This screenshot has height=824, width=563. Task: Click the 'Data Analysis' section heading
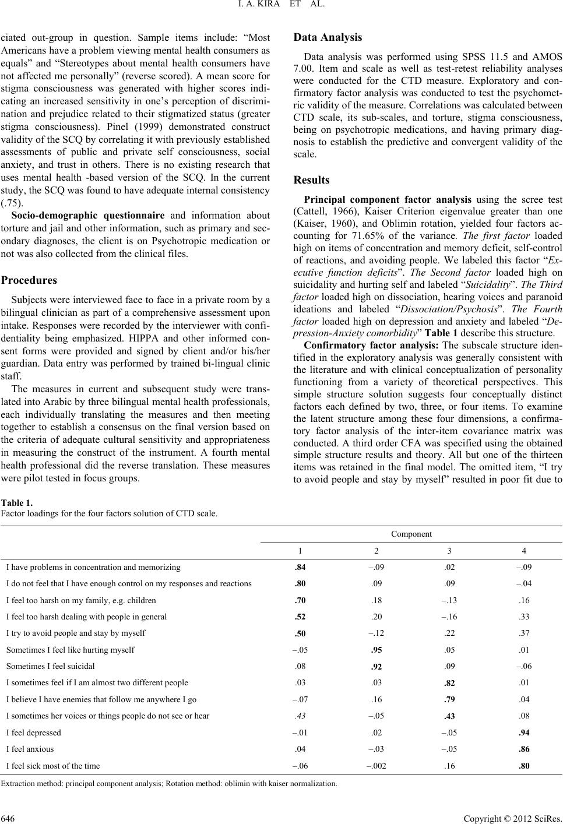(x=328, y=37)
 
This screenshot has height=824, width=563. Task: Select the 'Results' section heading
(x=311, y=180)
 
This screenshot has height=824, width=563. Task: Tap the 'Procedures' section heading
(x=29, y=280)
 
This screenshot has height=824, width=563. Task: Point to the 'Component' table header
(x=411, y=534)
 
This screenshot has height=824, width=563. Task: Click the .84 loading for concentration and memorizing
(x=301, y=567)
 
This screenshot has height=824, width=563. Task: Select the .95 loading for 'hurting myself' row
(x=376, y=650)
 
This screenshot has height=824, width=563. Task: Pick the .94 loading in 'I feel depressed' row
(x=524, y=733)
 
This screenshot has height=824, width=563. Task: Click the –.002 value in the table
(x=376, y=766)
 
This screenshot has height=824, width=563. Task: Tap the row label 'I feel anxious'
(x=30, y=749)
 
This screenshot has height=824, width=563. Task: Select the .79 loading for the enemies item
(x=449, y=699)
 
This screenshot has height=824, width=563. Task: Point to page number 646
(x=8, y=816)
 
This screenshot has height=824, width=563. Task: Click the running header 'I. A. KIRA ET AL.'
(x=281, y=7)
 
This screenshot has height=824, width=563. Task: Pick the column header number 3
(x=449, y=551)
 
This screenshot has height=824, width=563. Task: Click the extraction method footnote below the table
(x=169, y=783)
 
